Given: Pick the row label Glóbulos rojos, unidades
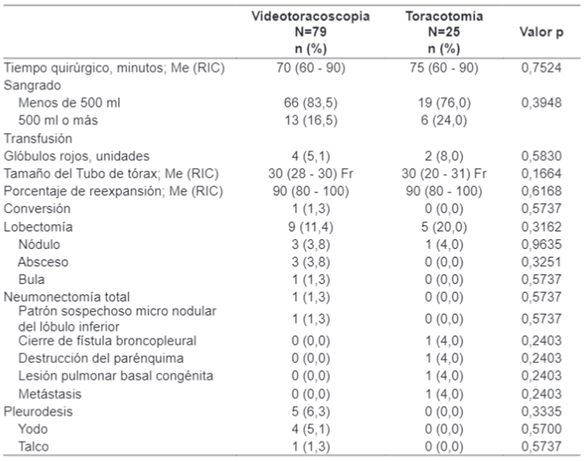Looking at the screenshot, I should click(77, 156).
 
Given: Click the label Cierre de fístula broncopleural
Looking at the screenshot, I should click(107, 341).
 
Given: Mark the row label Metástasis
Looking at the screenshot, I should click(49, 394).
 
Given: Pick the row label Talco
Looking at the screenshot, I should click(36, 447).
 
